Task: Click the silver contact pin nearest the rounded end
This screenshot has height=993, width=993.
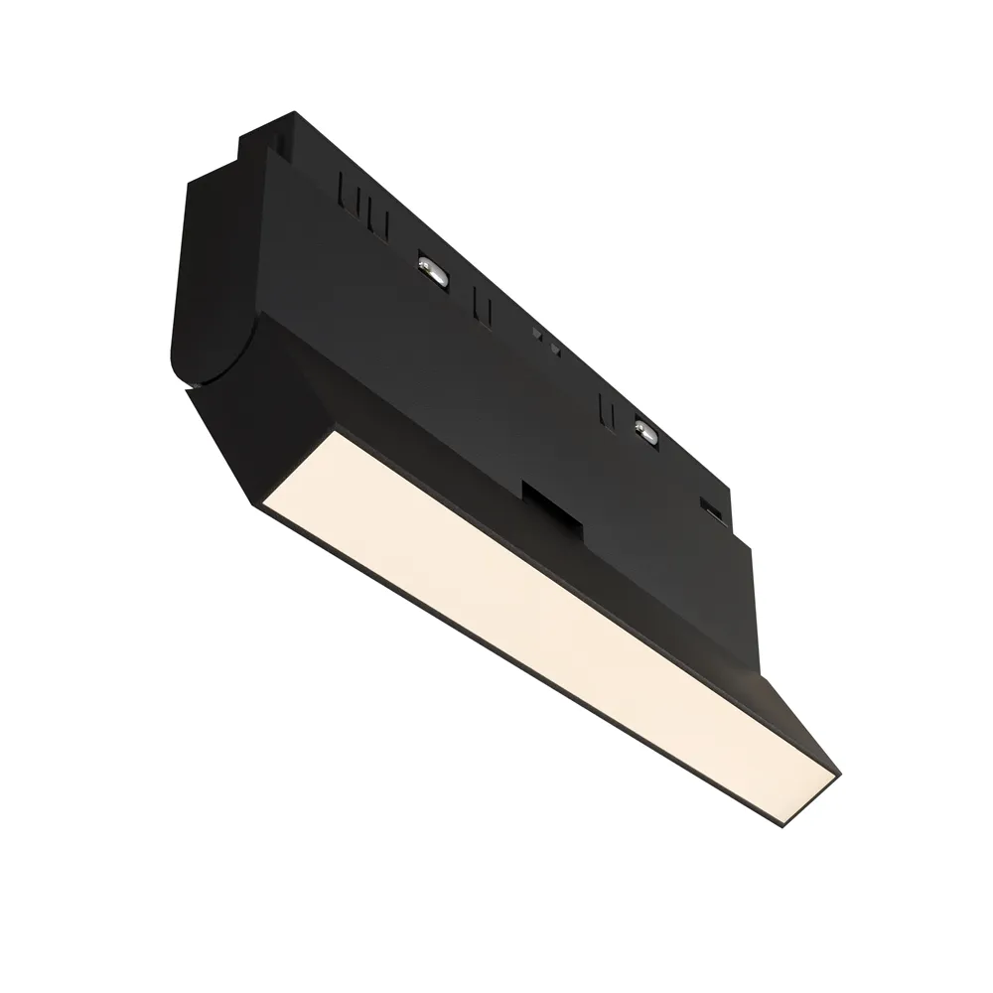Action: coord(432,267)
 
